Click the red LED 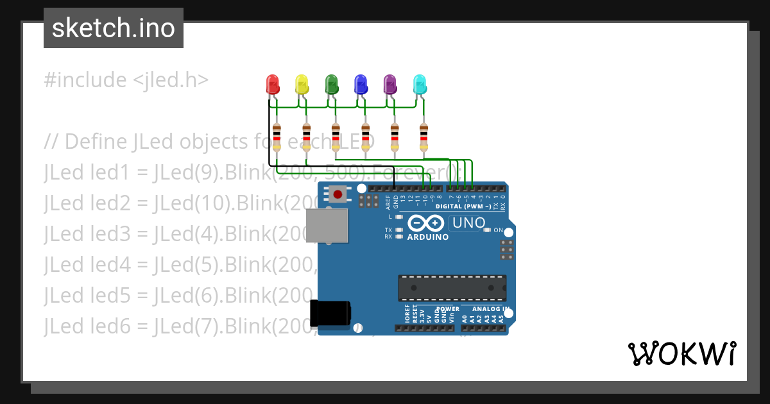click(273, 85)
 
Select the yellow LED click(302, 85)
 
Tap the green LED click(331, 85)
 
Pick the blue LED click(361, 85)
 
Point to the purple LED click(389, 85)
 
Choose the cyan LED click(419, 85)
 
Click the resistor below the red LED click(277, 137)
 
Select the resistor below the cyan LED click(424, 137)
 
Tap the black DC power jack click(330, 312)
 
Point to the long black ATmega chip click(452, 288)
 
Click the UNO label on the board click(470, 223)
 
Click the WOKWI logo click(681, 353)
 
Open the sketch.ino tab click(114, 28)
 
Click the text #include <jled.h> click(126, 80)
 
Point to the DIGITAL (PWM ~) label click(463, 206)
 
